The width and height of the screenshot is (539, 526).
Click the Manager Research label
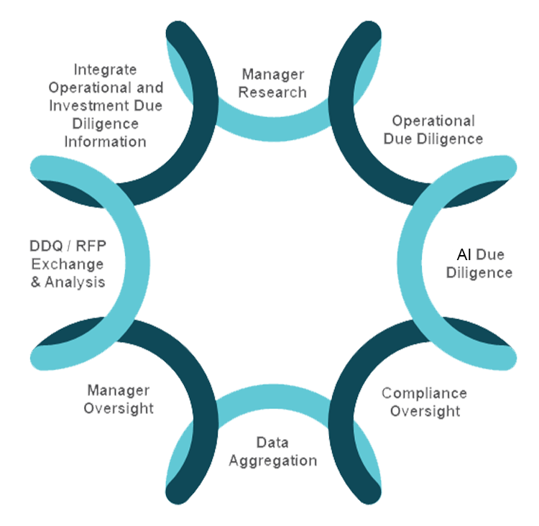coord(272,83)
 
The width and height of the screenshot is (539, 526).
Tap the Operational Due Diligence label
coord(433,129)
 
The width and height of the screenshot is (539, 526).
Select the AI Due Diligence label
coord(479,264)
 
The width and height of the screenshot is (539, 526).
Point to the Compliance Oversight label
coord(424,402)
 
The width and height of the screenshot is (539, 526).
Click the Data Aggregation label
coord(272,451)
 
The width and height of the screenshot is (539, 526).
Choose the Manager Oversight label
coord(119,400)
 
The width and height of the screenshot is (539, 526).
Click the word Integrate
coord(106,70)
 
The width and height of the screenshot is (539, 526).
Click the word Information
coord(106,142)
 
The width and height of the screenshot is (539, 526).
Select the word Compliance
coord(424,393)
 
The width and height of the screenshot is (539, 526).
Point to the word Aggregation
coord(272,461)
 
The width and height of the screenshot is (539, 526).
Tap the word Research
coord(272,92)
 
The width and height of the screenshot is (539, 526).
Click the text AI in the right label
coord(464,254)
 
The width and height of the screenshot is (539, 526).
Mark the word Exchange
coord(67,264)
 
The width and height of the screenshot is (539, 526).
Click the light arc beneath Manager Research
coord(272,129)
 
